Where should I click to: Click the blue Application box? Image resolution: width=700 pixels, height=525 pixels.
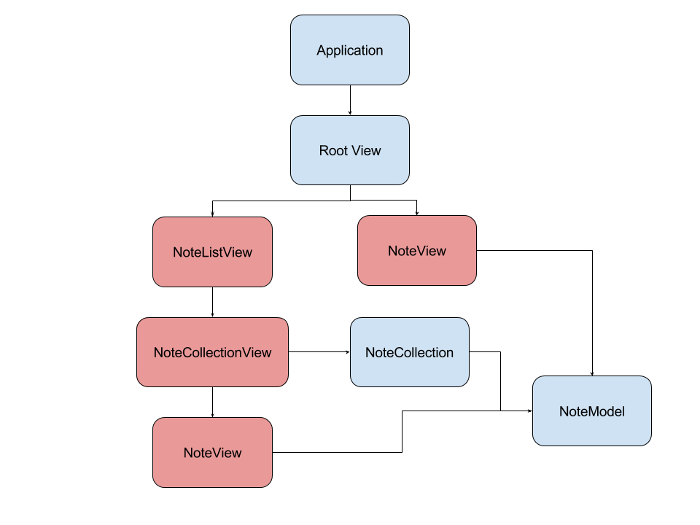coord(350,50)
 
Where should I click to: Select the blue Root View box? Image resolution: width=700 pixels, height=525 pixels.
coord(350,150)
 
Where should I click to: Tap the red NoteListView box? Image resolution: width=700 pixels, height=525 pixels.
coord(212,252)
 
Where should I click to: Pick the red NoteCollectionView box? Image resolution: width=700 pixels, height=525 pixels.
coord(212,352)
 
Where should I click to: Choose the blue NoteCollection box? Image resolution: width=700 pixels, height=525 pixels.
coord(409,352)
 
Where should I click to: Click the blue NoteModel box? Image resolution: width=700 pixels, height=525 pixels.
coord(591,411)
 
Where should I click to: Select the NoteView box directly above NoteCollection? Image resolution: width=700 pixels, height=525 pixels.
coord(416,250)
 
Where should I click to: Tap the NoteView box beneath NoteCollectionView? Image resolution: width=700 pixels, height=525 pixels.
coord(212,452)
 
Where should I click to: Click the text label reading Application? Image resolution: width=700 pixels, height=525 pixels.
coord(350,50)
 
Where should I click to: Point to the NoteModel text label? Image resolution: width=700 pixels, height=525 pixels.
coord(591,411)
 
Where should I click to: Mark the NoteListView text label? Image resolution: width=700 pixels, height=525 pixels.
coord(212,252)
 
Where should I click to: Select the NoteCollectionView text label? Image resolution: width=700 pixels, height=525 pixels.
coord(212,353)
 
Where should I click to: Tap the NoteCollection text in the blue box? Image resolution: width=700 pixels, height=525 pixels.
coord(409,353)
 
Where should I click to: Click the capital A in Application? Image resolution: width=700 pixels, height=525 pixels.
coord(321,50)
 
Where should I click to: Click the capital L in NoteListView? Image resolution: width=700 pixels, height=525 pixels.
coord(203,252)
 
